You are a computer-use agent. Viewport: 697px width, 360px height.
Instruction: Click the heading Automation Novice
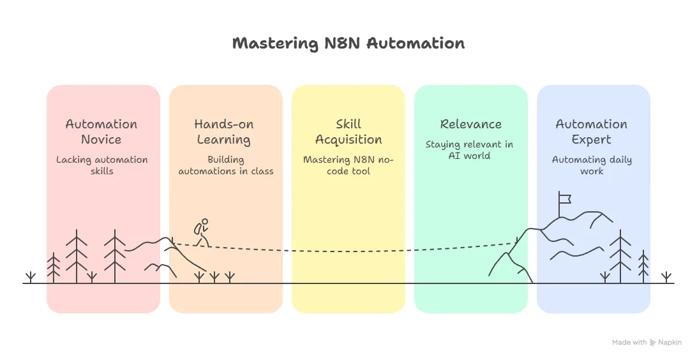101,131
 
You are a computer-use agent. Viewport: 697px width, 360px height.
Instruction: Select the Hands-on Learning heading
223,131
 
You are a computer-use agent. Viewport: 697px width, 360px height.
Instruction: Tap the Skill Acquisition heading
348,131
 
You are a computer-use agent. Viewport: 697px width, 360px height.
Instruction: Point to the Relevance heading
470,124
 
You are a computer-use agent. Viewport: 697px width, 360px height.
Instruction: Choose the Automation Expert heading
591,131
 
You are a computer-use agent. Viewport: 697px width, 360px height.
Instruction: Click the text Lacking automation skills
101,165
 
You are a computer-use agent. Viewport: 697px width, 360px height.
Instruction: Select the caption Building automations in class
225,165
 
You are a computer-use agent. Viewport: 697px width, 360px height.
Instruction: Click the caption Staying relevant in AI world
469,150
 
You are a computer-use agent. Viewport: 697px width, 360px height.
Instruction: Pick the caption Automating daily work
592,165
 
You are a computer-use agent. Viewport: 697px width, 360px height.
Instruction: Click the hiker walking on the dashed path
202,233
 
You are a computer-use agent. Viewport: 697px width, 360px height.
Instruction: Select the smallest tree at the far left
54,268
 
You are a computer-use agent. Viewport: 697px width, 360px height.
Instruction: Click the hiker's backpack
199,229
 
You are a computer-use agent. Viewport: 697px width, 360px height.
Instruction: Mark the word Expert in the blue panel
591,140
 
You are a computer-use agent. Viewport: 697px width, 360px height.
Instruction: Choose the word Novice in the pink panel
101,140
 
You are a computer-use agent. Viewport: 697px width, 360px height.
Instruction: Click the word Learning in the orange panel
223,140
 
